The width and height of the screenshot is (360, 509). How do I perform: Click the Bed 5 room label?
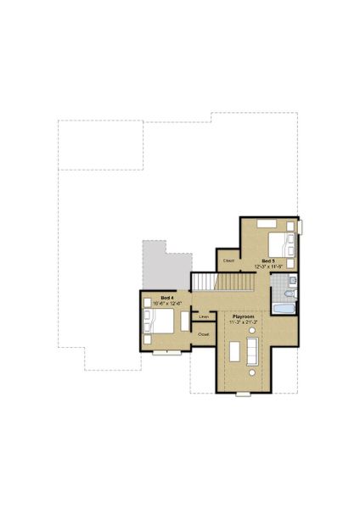click(x=267, y=260)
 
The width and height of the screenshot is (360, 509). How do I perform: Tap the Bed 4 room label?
click(x=167, y=298)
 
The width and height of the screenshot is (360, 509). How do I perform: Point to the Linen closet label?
click(x=204, y=316)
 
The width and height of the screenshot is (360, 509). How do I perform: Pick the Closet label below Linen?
click(x=204, y=334)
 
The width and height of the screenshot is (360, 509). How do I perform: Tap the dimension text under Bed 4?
click(x=167, y=304)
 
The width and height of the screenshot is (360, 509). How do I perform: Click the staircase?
click(x=206, y=281)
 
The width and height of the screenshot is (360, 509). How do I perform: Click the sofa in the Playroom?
click(x=252, y=350)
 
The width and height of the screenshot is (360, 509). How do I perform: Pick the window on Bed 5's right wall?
click(x=299, y=227)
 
